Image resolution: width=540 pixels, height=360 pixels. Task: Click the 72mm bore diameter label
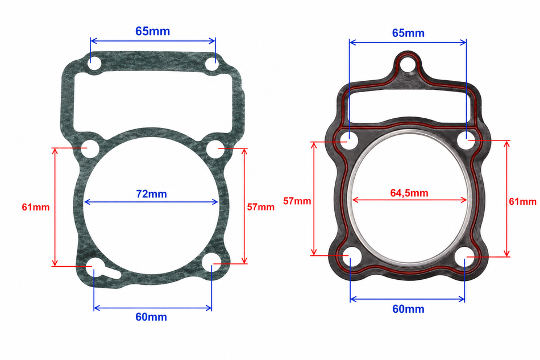(152, 194)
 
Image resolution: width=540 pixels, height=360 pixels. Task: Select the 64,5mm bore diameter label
(409, 193)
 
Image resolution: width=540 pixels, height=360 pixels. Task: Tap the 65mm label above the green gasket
(152, 31)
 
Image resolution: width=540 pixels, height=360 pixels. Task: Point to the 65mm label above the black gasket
(408, 33)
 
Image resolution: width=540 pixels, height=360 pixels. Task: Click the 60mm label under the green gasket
(151, 317)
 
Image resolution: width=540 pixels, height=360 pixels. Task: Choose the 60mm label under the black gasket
(408, 309)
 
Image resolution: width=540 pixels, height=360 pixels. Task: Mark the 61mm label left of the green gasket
(36, 207)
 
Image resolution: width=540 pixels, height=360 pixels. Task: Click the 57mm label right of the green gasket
(261, 207)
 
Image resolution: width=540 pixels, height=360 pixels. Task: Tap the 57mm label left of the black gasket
(297, 201)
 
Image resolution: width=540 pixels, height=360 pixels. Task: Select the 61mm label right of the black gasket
(523, 201)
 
